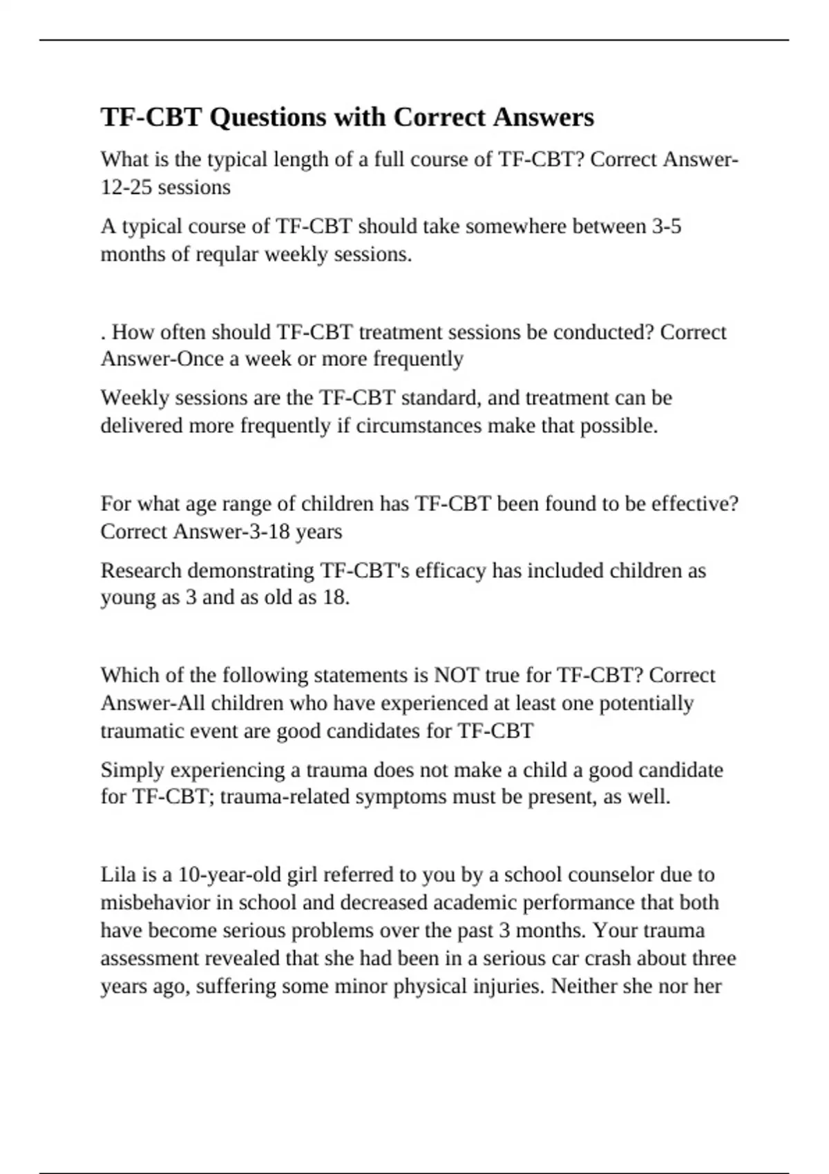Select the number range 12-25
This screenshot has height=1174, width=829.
(126, 187)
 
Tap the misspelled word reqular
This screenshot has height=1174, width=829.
(227, 254)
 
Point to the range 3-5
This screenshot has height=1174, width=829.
(666, 227)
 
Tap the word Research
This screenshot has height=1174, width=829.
(141, 570)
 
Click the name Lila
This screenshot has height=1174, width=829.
(118, 875)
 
